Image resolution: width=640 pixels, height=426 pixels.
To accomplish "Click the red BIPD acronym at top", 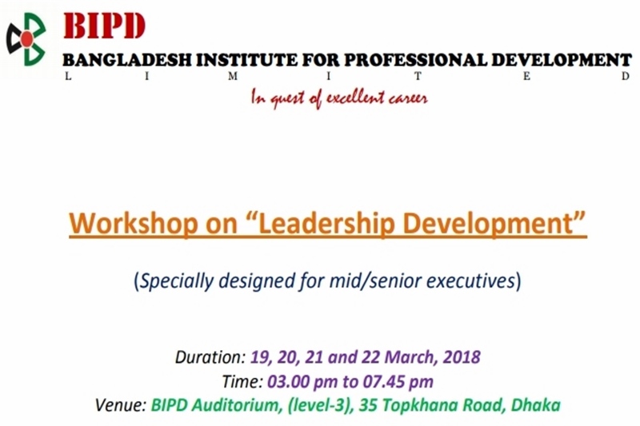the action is pyautogui.click(x=104, y=26).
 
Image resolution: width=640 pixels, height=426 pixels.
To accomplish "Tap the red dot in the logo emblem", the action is pyautogui.click(x=27, y=38).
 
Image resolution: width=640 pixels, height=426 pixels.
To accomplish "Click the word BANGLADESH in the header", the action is pyautogui.click(x=127, y=60).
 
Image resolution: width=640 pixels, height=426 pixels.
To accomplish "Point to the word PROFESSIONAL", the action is pyautogui.click(x=415, y=60).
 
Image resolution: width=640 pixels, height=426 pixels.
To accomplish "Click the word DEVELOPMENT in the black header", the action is pyautogui.click(x=562, y=60).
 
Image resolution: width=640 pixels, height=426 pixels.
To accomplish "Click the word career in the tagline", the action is pyautogui.click(x=408, y=98).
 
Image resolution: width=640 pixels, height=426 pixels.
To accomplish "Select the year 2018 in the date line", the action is pyautogui.click(x=462, y=357).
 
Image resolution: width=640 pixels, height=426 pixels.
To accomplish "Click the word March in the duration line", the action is pyautogui.click(x=411, y=357).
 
